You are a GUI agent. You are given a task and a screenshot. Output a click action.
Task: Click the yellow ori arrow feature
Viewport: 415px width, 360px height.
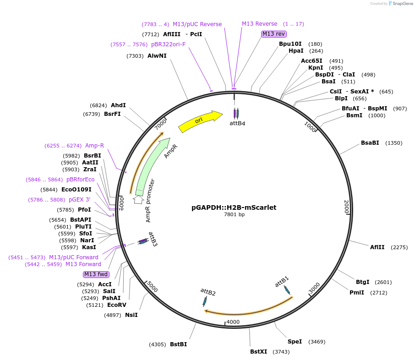coord(200,121)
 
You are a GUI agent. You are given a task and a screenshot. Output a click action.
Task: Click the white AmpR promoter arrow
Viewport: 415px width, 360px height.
coord(138,200)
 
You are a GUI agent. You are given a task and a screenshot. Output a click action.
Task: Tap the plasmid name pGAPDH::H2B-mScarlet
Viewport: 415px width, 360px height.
coord(234,207)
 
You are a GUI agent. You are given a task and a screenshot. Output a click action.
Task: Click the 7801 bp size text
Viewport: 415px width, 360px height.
coord(234,214)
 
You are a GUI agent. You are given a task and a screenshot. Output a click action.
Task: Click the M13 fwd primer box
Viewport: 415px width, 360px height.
coord(96,274)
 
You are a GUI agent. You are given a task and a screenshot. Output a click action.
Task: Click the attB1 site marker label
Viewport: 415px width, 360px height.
coord(282,282)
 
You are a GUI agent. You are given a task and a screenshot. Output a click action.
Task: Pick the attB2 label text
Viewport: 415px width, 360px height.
coord(208,291)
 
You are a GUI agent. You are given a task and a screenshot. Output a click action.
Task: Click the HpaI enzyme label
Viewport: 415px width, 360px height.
coord(296,51)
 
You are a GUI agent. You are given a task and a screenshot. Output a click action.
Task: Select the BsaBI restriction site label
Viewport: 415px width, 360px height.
coord(370,143)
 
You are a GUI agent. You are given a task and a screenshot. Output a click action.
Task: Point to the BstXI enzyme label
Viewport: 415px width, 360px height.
coord(258,352)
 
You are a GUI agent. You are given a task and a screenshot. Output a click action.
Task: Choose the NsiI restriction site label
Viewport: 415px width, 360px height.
coord(131,315)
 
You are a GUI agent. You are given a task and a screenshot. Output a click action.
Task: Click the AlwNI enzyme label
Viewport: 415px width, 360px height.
coord(157,56)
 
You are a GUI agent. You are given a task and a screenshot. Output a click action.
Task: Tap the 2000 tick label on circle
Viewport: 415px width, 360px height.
coord(347,207)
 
